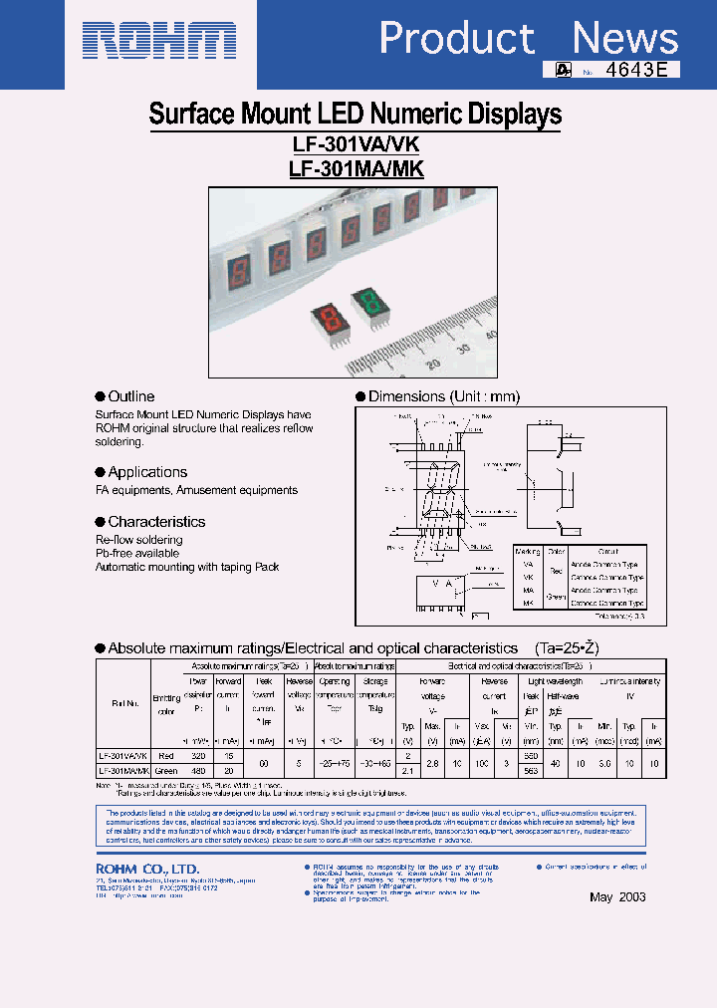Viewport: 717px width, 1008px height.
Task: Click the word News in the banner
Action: [x=625, y=39]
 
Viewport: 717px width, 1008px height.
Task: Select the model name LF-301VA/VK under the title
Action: [x=356, y=142]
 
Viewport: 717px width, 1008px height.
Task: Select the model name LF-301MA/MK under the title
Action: [x=356, y=168]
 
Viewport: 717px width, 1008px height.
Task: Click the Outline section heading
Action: [x=130, y=396]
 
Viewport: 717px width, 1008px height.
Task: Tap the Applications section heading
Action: [x=146, y=472]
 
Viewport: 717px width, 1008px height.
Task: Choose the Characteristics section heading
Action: [x=155, y=522]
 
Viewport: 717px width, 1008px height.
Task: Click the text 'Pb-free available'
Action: [x=137, y=553]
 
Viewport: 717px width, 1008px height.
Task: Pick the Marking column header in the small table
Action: [x=528, y=551]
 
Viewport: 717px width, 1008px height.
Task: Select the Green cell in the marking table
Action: [x=556, y=597]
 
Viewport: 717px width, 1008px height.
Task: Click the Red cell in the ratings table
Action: [x=165, y=756]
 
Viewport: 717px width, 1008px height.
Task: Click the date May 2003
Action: [x=617, y=896]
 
